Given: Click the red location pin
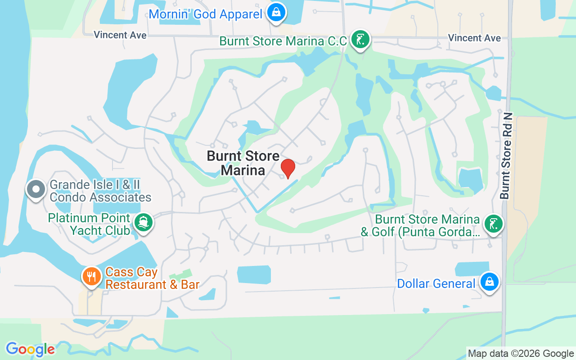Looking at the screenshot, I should click(x=288, y=168).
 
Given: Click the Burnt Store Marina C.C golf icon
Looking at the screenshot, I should click(x=360, y=40).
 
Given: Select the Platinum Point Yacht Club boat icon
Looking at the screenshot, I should click(x=144, y=222).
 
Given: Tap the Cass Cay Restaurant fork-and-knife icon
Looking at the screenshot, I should click(x=92, y=276).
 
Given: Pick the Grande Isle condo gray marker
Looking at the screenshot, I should click(x=36, y=189).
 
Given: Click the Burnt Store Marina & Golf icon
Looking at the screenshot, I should click(x=493, y=224).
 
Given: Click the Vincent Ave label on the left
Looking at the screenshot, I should click(x=120, y=35).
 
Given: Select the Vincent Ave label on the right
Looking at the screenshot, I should click(x=474, y=38).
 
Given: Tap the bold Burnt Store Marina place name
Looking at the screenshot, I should click(x=243, y=163).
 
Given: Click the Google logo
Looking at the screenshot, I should click(x=30, y=349).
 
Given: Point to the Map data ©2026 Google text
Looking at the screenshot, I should click(x=521, y=353).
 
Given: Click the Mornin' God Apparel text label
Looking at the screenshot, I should click(x=205, y=14).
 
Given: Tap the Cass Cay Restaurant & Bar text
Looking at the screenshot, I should click(x=152, y=278).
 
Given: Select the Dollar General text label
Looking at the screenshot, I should click(x=436, y=284).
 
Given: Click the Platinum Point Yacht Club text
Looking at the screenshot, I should click(x=95, y=224).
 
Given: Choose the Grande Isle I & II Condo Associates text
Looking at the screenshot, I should click(x=100, y=191).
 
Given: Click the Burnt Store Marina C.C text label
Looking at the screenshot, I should click(x=283, y=41).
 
